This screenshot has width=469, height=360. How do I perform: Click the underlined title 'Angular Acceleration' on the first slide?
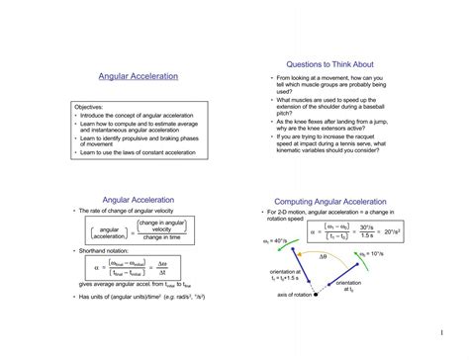[x=139, y=76]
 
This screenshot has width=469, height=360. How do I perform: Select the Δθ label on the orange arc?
[x=323, y=256]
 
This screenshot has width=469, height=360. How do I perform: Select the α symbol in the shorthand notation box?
[x=97, y=268]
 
